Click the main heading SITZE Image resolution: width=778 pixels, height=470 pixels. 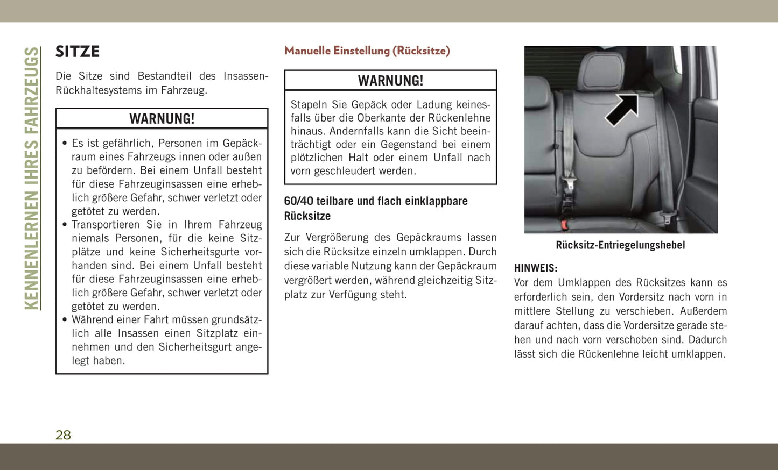pos(78,52)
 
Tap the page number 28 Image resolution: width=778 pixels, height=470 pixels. pos(63,435)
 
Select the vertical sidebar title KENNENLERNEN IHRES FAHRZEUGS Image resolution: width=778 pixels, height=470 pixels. pos(32,178)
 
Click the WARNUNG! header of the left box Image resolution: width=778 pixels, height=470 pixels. pos(162,119)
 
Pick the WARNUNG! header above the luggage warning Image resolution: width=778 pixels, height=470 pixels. pos(390,81)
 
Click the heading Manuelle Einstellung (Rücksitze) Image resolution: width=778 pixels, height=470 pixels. pos(367,51)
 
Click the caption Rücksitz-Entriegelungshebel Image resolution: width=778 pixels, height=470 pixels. pos(620,245)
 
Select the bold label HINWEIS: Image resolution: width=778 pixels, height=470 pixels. pos(536,268)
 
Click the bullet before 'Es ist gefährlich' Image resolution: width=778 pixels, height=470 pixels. pos(65,144)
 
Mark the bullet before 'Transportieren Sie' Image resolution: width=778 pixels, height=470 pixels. pos(65,225)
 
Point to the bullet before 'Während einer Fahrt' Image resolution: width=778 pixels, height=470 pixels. pos(65,320)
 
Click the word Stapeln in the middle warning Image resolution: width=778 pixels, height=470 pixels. pos(309,104)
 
